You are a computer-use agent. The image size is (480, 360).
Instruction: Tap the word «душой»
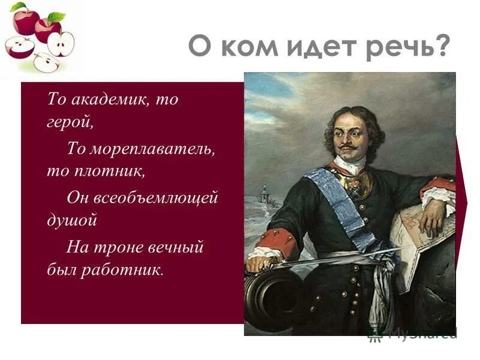click(x=72, y=220)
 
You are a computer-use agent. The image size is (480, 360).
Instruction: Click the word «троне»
click(x=118, y=247)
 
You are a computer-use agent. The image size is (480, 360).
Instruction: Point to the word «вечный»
click(x=173, y=247)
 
